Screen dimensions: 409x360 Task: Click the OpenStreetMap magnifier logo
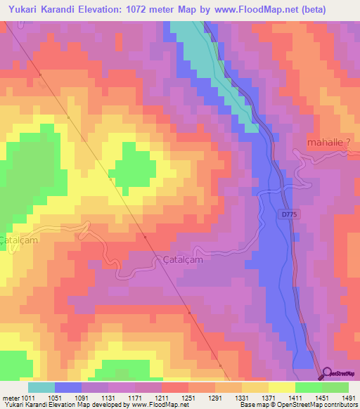(328, 373)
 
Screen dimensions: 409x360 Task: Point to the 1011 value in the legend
(27, 397)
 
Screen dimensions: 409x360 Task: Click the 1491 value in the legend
(348, 397)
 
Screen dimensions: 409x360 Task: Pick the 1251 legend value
(188, 397)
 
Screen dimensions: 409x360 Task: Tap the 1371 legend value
(269, 397)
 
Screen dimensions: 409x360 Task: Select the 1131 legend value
(108, 397)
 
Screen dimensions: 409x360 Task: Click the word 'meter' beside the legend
(9, 397)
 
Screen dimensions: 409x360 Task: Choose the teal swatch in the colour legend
(41, 387)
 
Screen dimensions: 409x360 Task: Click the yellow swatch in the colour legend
(281, 387)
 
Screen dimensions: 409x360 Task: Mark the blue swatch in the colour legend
(68, 387)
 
